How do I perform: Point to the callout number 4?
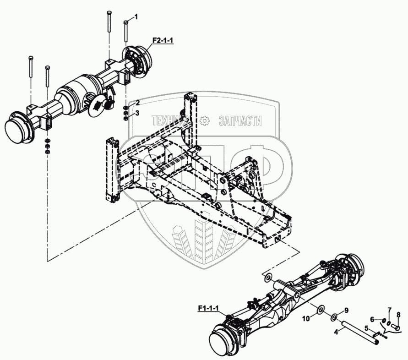337,331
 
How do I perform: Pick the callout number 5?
366,328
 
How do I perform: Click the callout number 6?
372,319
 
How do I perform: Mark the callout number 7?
390,311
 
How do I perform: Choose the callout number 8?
398,315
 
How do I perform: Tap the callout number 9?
346,310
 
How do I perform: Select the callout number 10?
305,317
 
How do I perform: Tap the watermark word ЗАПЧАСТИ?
240,121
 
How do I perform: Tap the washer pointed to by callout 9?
335,315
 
